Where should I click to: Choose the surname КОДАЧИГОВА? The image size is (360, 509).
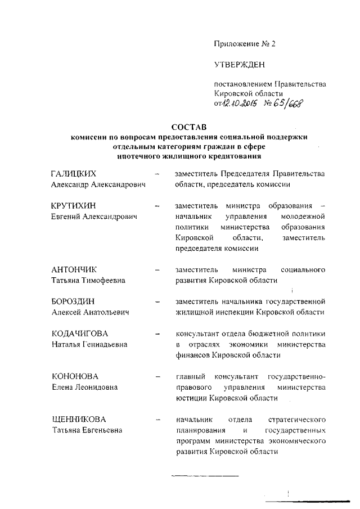79,334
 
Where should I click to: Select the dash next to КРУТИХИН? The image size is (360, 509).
157,206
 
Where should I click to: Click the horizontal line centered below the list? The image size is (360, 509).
205,476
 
